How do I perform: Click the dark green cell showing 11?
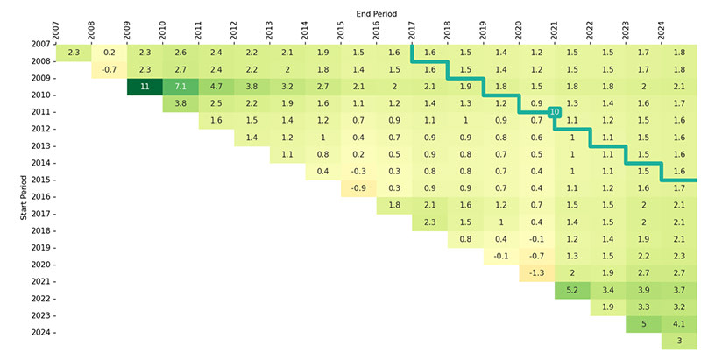click(x=145, y=87)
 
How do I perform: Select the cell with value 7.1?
click(x=181, y=87)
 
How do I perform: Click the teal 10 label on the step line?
click(x=554, y=111)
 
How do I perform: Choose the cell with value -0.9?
click(x=358, y=188)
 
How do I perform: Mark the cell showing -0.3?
click(x=358, y=172)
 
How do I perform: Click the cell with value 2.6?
click(x=181, y=53)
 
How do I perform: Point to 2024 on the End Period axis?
click(x=662, y=26)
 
